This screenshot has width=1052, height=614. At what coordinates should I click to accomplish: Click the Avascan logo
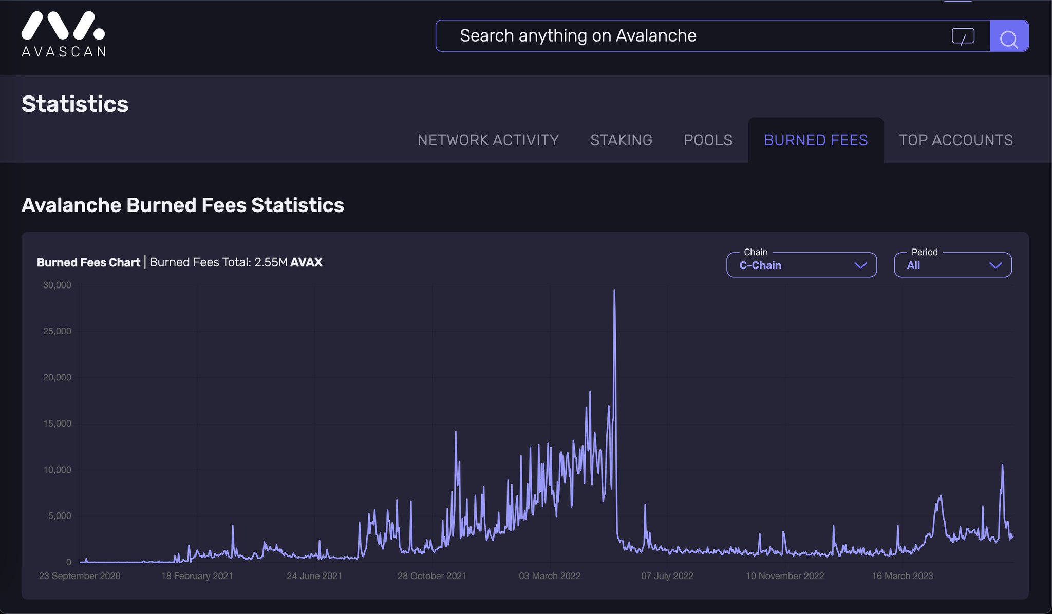pos(63,34)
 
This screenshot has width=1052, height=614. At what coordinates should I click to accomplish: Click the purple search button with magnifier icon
pos(1009,36)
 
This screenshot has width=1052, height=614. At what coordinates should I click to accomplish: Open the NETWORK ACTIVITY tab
pos(488,140)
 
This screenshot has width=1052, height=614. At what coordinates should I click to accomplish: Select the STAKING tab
pos(621,140)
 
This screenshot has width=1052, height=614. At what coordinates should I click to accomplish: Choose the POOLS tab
pos(708,140)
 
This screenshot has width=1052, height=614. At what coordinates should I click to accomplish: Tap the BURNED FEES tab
pos(816,140)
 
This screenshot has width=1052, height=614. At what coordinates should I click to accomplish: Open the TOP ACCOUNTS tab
pos(956,140)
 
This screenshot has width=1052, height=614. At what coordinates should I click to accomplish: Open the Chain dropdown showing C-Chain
pos(801,265)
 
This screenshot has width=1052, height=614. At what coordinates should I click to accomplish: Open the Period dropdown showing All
pos(953,265)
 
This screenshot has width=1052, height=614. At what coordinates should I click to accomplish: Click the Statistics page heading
pos(75,104)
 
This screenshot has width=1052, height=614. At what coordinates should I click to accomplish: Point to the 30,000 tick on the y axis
pos(57,285)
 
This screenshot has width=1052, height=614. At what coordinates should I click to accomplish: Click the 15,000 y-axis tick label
pos(57,424)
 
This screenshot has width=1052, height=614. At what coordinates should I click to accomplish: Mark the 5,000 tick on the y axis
pos(60,516)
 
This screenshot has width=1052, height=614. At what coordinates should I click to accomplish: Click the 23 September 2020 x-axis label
pos(80,576)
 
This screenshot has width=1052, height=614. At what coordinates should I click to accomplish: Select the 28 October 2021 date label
pos(432,576)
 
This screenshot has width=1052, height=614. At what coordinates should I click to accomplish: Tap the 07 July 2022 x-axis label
pos(667,576)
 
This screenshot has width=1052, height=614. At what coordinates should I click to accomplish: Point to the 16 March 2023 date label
pos(903,576)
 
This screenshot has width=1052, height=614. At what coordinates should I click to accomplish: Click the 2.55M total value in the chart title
pos(271,262)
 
